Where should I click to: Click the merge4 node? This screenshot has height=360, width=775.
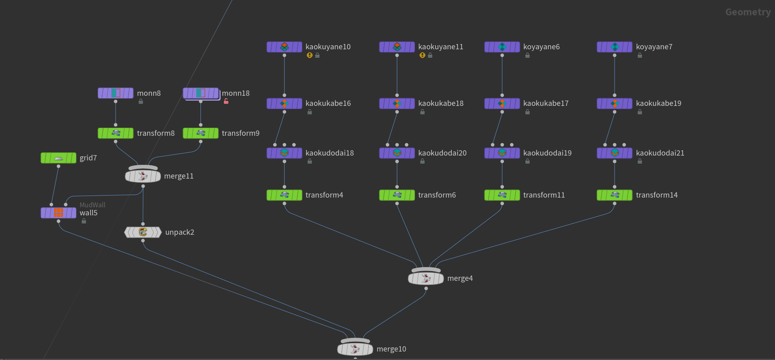(426, 278)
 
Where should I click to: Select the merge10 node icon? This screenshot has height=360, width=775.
(355, 349)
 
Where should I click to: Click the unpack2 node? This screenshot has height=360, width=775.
(143, 232)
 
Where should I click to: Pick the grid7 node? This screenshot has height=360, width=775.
(58, 158)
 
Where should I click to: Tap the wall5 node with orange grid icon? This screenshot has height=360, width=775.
(58, 213)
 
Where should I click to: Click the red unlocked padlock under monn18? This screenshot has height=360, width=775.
(226, 101)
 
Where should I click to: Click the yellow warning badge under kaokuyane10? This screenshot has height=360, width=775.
(310, 55)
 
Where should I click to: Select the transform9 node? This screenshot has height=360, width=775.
(200, 133)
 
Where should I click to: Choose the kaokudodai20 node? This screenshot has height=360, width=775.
(397, 153)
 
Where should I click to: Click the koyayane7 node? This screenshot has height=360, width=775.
(614, 47)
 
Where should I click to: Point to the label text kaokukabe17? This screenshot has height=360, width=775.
(545, 103)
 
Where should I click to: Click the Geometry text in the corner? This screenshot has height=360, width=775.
(748, 12)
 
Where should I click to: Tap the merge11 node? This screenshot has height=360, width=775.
(143, 176)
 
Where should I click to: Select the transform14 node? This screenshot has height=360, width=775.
(614, 195)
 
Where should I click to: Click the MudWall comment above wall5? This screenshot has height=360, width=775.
(92, 205)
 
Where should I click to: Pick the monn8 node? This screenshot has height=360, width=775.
(116, 93)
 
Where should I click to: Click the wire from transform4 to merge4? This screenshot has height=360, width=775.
(347, 237)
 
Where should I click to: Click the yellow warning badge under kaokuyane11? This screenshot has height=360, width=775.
(422, 55)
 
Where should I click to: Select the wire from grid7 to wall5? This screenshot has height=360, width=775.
(55, 185)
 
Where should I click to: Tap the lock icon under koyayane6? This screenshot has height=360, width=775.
(527, 55)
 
